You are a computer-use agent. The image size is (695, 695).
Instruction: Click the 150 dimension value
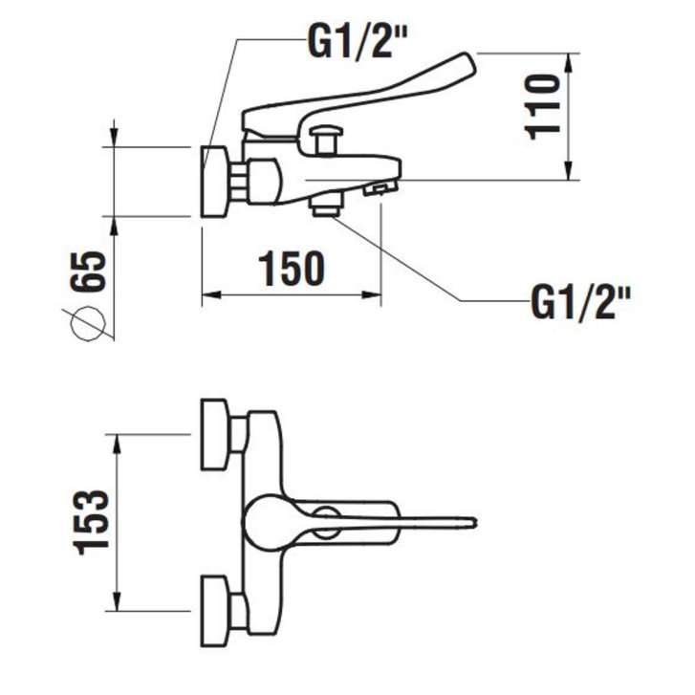pyautogui.click(x=292, y=269)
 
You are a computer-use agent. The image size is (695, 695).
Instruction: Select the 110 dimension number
pyautogui.click(x=542, y=108)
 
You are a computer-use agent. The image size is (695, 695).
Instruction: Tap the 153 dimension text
pyautogui.click(x=92, y=523)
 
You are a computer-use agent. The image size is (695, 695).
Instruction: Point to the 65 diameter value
pyautogui.click(x=88, y=271)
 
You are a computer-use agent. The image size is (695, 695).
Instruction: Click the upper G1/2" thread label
pyautogui.click(x=358, y=41)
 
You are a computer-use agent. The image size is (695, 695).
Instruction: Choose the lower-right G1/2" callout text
pyautogui.click(x=580, y=302)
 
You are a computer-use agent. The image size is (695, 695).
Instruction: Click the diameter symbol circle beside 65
pyautogui.click(x=88, y=323)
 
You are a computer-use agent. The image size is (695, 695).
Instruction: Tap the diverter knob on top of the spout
pyautogui.click(x=327, y=140)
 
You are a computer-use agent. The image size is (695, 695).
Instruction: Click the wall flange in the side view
pyautogui.click(x=215, y=182)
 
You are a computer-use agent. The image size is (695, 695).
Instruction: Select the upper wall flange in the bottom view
pyautogui.click(x=215, y=434)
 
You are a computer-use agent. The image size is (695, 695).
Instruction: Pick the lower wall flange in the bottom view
pyautogui.click(x=215, y=611)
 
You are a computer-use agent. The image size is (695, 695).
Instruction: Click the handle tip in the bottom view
pyautogui.click(x=472, y=522)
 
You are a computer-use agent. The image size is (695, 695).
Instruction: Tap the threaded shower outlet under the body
pyautogui.click(x=327, y=206)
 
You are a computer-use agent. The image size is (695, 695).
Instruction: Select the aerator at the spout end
pyautogui.click(x=380, y=189)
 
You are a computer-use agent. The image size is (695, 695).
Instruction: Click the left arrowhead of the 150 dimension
pyautogui.click(x=210, y=294)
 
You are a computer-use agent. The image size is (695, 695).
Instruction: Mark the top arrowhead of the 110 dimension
pyautogui.click(x=569, y=63)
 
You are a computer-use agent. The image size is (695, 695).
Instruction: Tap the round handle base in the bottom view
pyautogui.click(x=267, y=523)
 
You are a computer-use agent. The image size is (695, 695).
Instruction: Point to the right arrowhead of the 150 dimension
pyautogui.click(x=372, y=294)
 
